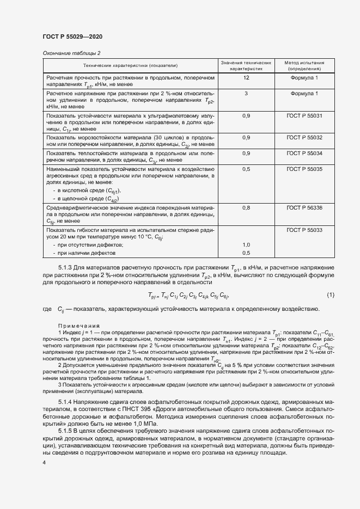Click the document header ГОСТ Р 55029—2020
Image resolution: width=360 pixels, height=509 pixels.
click(72, 36)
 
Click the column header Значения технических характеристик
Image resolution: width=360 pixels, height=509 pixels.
click(246, 66)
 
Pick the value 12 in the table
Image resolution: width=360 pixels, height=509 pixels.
click(246, 79)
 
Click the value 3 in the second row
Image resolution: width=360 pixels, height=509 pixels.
click(246, 94)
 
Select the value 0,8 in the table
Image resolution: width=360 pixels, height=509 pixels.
click(246, 208)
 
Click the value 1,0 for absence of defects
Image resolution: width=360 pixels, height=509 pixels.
click(246, 245)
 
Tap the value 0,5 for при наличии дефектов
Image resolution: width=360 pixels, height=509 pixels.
click(246, 254)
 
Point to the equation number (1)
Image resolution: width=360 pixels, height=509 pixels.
click(330, 295)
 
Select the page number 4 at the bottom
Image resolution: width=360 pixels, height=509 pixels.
click(44, 462)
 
